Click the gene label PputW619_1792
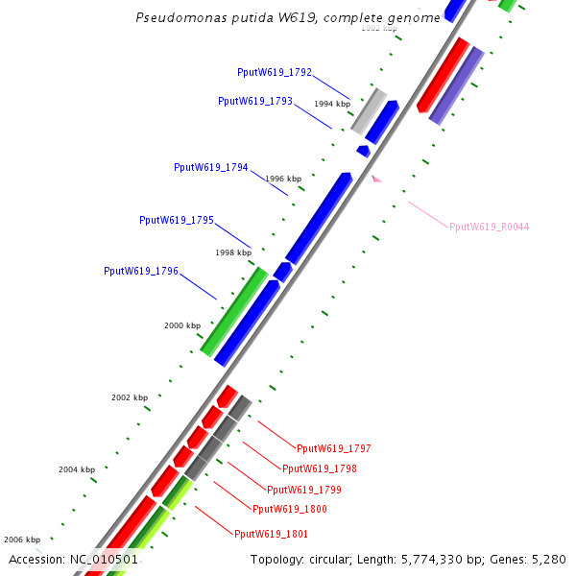click(x=275, y=72)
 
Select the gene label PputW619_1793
click(x=255, y=101)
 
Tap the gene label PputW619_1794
click(x=211, y=167)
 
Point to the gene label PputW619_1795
click(x=177, y=220)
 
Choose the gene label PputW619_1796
click(x=141, y=272)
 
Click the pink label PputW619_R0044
click(x=490, y=228)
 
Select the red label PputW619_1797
click(x=334, y=448)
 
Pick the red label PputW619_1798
click(x=320, y=469)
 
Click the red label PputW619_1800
click(x=289, y=509)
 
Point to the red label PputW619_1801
click(x=272, y=534)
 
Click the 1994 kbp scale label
click(x=332, y=104)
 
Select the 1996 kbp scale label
click(x=283, y=179)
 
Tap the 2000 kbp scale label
click(x=181, y=326)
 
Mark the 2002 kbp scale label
click(x=130, y=397)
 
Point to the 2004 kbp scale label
click(x=77, y=469)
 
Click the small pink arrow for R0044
click(x=377, y=179)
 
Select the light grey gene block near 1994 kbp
click(x=369, y=111)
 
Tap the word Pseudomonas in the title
click(x=169, y=18)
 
